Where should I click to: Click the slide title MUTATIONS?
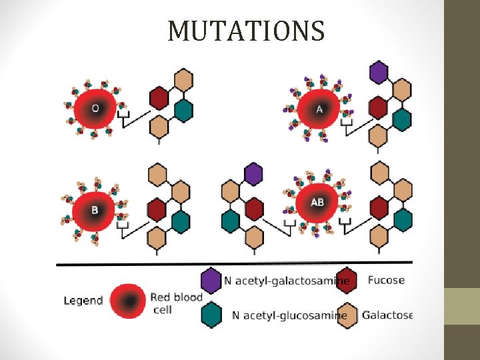click(246, 31)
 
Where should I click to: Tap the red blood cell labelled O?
click(95, 109)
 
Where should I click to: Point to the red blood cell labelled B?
click(95, 210)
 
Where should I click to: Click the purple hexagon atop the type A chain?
click(379, 72)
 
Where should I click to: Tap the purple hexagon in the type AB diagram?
click(253, 174)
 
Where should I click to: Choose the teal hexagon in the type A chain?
click(401, 119)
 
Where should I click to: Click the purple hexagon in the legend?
click(211, 281)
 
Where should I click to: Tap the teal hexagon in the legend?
click(211, 315)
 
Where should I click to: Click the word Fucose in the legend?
click(386, 280)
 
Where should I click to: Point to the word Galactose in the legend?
click(387, 315)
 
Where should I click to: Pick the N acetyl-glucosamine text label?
click(289, 315)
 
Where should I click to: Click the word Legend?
click(83, 300)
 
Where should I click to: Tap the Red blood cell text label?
click(175, 303)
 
